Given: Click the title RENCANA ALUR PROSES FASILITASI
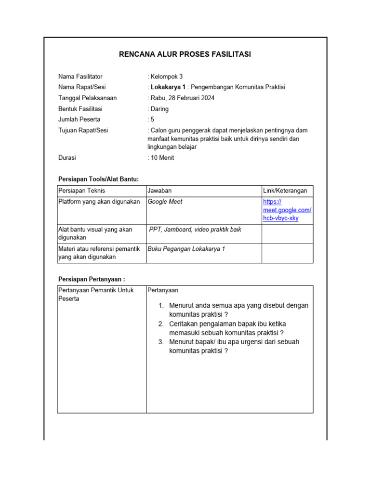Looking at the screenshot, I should click(x=185, y=54).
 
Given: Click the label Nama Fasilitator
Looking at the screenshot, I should click(x=80, y=77).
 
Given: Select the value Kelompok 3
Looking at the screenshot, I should click(x=167, y=77).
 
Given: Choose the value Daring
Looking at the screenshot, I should click(x=159, y=109).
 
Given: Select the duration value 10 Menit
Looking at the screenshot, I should click(x=162, y=157).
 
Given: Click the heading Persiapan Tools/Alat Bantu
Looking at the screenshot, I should click(x=98, y=179).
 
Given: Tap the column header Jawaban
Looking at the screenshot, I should click(x=159, y=191).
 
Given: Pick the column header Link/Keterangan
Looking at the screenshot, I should click(x=285, y=191).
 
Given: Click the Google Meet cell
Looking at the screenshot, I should click(x=165, y=202).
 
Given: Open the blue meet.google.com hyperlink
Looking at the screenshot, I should click(x=287, y=210).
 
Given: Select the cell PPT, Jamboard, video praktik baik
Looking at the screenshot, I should click(x=195, y=230).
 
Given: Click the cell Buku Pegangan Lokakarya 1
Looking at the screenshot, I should click(x=186, y=249).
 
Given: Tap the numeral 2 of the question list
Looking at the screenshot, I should click(x=161, y=324).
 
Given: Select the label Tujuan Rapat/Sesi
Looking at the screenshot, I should click(x=82, y=130).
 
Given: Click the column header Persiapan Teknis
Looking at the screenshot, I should click(x=81, y=191).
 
